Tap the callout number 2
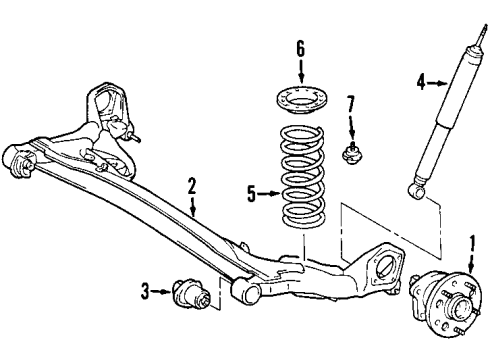(191, 185)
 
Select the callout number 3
(146, 291)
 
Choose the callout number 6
(301, 48)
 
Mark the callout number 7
(350, 103)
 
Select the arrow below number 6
(301, 70)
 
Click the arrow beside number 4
(437, 83)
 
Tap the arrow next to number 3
(163, 292)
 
